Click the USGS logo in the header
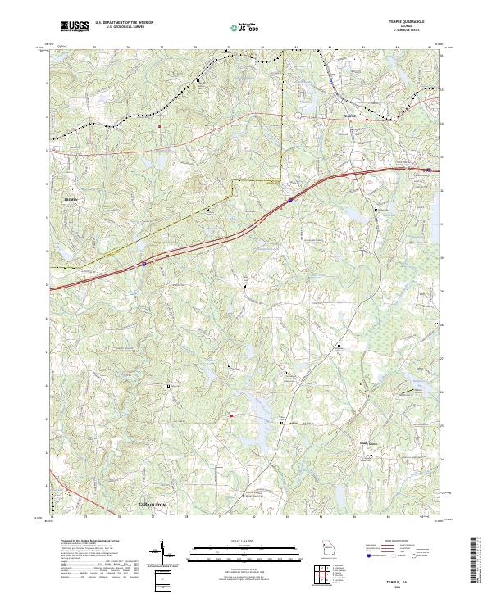75,27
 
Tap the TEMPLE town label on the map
350,117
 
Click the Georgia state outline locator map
330,550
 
